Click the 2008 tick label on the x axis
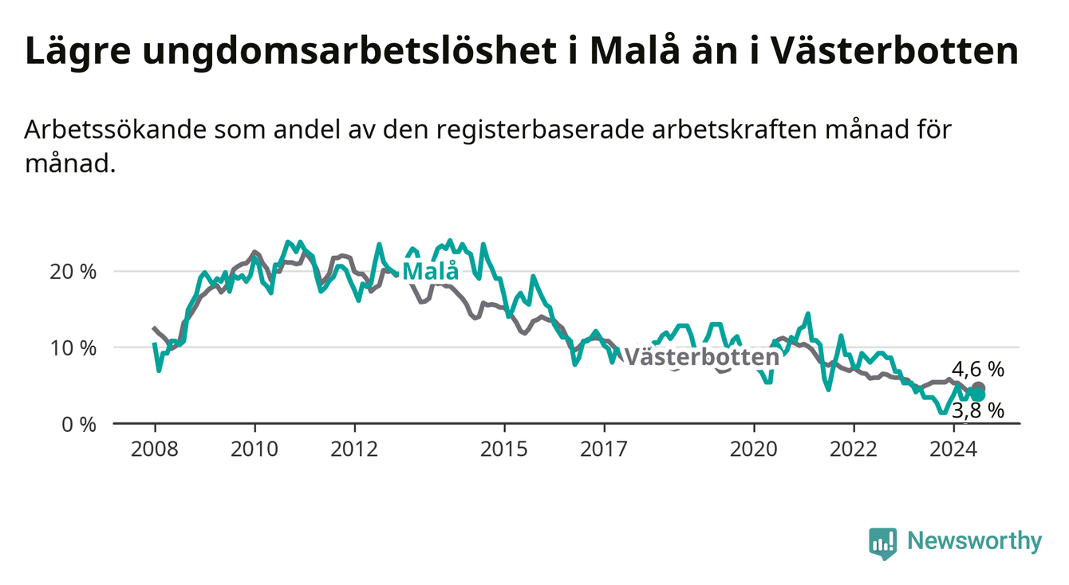(x=154, y=450)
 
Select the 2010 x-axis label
(x=254, y=450)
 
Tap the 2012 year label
(x=354, y=450)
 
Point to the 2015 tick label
(x=504, y=450)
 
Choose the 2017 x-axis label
(x=604, y=450)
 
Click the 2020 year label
(x=754, y=450)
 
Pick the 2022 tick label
(x=854, y=450)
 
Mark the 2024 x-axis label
(x=953, y=450)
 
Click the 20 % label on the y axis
(x=73, y=272)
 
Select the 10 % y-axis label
(x=73, y=348)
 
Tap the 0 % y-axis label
(x=79, y=424)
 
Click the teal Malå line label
(x=431, y=271)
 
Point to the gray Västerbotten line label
(x=701, y=357)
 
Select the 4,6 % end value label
(x=978, y=370)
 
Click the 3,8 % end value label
(x=978, y=410)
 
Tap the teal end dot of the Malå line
(x=978, y=395)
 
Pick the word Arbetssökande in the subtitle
(x=116, y=129)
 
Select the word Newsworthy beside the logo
(x=975, y=541)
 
